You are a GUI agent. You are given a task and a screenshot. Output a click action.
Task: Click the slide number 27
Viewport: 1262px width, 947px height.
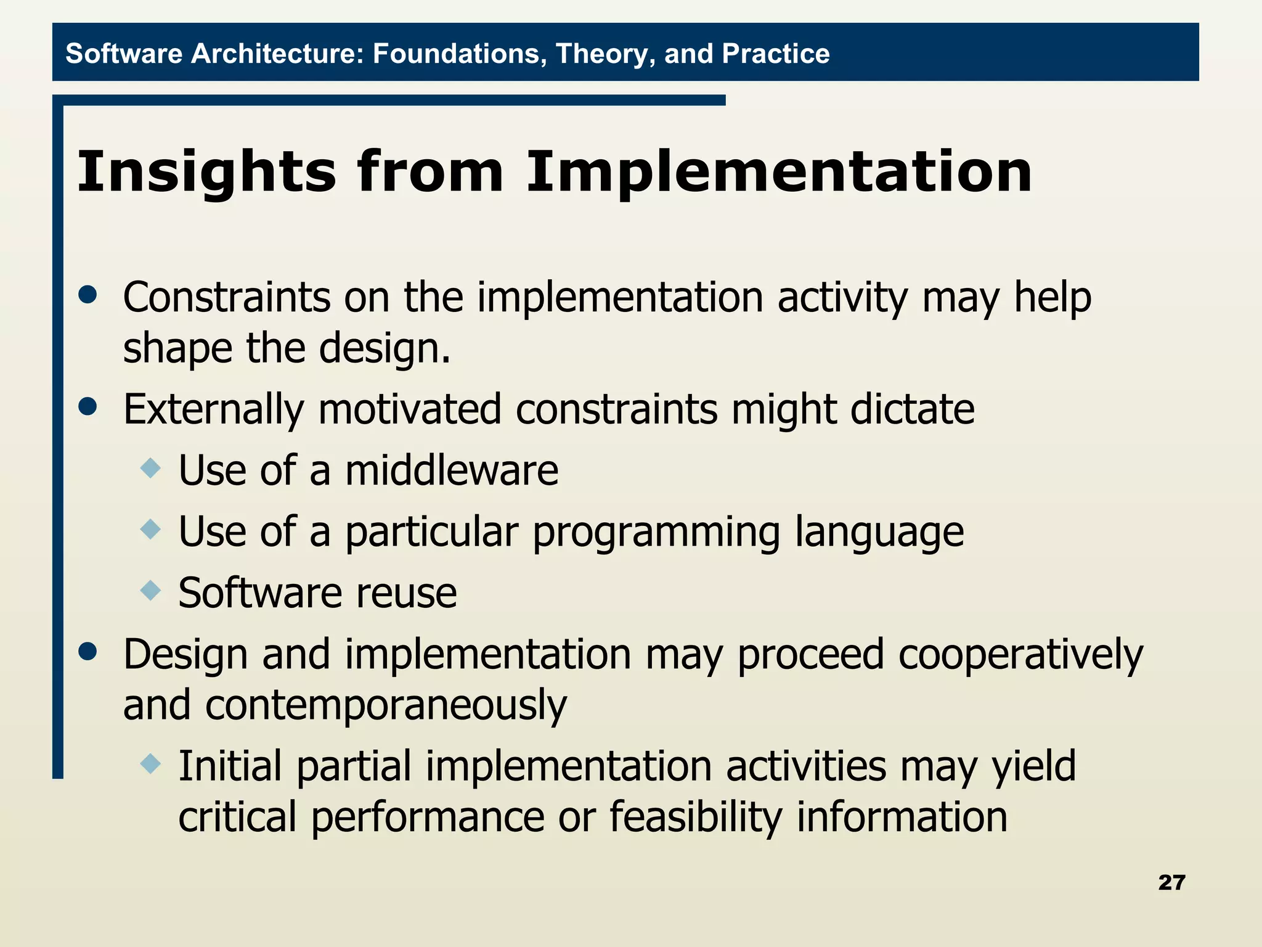(x=1171, y=882)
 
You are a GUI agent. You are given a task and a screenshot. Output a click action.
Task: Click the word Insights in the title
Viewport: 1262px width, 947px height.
(x=206, y=173)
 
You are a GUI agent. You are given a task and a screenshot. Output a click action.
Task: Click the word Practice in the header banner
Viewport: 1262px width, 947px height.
(x=775, y=54)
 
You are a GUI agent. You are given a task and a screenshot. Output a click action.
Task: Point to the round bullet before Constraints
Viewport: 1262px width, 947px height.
(x=88, y=295)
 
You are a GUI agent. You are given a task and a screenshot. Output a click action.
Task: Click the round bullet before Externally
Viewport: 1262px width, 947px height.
(x=88, y=406)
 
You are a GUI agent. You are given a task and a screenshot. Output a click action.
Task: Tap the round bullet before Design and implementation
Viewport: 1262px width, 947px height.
(x=88, y=652)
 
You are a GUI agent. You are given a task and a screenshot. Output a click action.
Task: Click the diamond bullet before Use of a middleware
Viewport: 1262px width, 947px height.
(x=150, y=468)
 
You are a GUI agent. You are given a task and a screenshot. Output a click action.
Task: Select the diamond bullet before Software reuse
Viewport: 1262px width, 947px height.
(x=150, y=590)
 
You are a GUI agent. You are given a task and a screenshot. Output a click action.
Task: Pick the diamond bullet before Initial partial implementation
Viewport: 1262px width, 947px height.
(x=150, y=765)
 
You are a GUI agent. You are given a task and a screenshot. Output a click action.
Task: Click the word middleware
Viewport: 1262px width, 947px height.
(x=452, y=471)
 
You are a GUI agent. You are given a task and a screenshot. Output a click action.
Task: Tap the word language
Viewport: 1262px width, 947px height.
(x=879, y=533)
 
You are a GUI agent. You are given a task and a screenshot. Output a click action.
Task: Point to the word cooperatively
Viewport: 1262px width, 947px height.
(x=1020, y=655)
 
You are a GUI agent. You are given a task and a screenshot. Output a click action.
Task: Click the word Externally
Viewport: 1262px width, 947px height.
(x=214, y=409)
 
